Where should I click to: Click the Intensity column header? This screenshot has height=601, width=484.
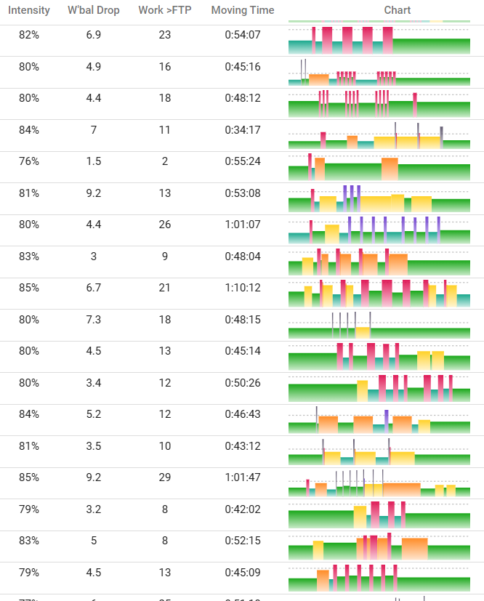tap(29, 10)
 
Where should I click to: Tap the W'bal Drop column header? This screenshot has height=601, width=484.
tap(94, 10)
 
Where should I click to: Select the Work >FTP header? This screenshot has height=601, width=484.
tap(165, 10)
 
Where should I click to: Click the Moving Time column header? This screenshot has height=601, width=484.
tap(243, 10)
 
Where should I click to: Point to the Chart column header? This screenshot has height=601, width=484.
tap(397, 10)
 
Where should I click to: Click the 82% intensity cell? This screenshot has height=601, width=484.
tap(29, 35)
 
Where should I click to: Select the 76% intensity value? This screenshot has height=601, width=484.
tap(29, 161)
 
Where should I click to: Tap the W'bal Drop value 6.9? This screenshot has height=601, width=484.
tap(94, 35)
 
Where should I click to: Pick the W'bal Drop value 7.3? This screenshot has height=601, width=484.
tap(94, 319)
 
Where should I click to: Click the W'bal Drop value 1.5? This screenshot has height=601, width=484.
tap(94, 161)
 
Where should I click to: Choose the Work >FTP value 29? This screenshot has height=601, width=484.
tap(165, 477)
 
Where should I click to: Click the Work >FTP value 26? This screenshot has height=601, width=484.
tap(165, 225)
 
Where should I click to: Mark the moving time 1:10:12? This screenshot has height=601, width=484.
tap(243, 288)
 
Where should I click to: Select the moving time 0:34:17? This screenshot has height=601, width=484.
tap(243, 130)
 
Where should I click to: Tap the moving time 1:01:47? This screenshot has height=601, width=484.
tap(243, 477)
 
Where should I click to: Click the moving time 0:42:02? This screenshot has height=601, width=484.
tap(243, 509)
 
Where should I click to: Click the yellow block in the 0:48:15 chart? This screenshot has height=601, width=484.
tap(363, 332)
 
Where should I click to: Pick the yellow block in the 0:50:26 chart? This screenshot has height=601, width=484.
tap(362, 390)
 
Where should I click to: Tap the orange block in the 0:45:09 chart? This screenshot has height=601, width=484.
tap(323, 581)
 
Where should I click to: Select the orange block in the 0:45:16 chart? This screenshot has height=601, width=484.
tap(318, 79)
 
